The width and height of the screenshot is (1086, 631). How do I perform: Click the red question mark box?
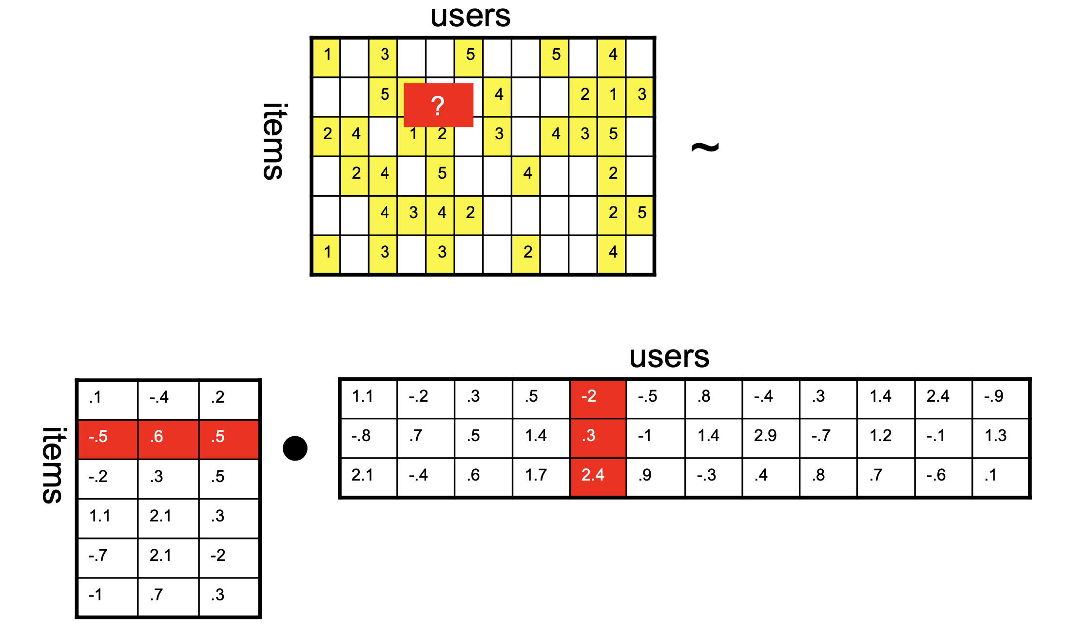[438, 105]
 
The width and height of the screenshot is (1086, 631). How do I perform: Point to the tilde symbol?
[705, 147]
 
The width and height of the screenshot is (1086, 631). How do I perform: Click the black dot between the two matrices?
[295, 448]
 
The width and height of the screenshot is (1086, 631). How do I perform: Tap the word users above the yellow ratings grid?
[470, 17]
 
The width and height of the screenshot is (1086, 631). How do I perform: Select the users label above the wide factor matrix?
[669, 357]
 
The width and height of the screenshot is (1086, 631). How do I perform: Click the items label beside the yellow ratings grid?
[274, 141]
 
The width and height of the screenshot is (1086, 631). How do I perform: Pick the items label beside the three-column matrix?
[53, 465]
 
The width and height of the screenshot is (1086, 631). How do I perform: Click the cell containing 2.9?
[771, 438]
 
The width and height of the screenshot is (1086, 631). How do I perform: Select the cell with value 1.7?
[541, 478]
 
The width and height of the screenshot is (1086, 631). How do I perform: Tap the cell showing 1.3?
[1000, 438]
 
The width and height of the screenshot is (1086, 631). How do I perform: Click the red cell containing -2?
[598, 398]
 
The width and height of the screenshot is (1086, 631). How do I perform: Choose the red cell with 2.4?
[598, 478]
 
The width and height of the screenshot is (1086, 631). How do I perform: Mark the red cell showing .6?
[168, 439]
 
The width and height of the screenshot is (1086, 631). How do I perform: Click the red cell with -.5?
[108, 439]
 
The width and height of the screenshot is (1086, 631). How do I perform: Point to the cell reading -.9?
[1000, 398]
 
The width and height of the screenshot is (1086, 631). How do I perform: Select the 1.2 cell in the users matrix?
[886, 438]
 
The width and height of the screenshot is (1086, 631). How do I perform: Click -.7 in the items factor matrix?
[108, 558]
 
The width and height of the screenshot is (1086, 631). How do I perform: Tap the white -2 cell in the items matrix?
[229, 558]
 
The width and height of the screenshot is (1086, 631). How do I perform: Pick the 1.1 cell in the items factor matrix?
[108, 519]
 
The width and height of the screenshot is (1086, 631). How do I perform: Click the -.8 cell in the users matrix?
[368, 438]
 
